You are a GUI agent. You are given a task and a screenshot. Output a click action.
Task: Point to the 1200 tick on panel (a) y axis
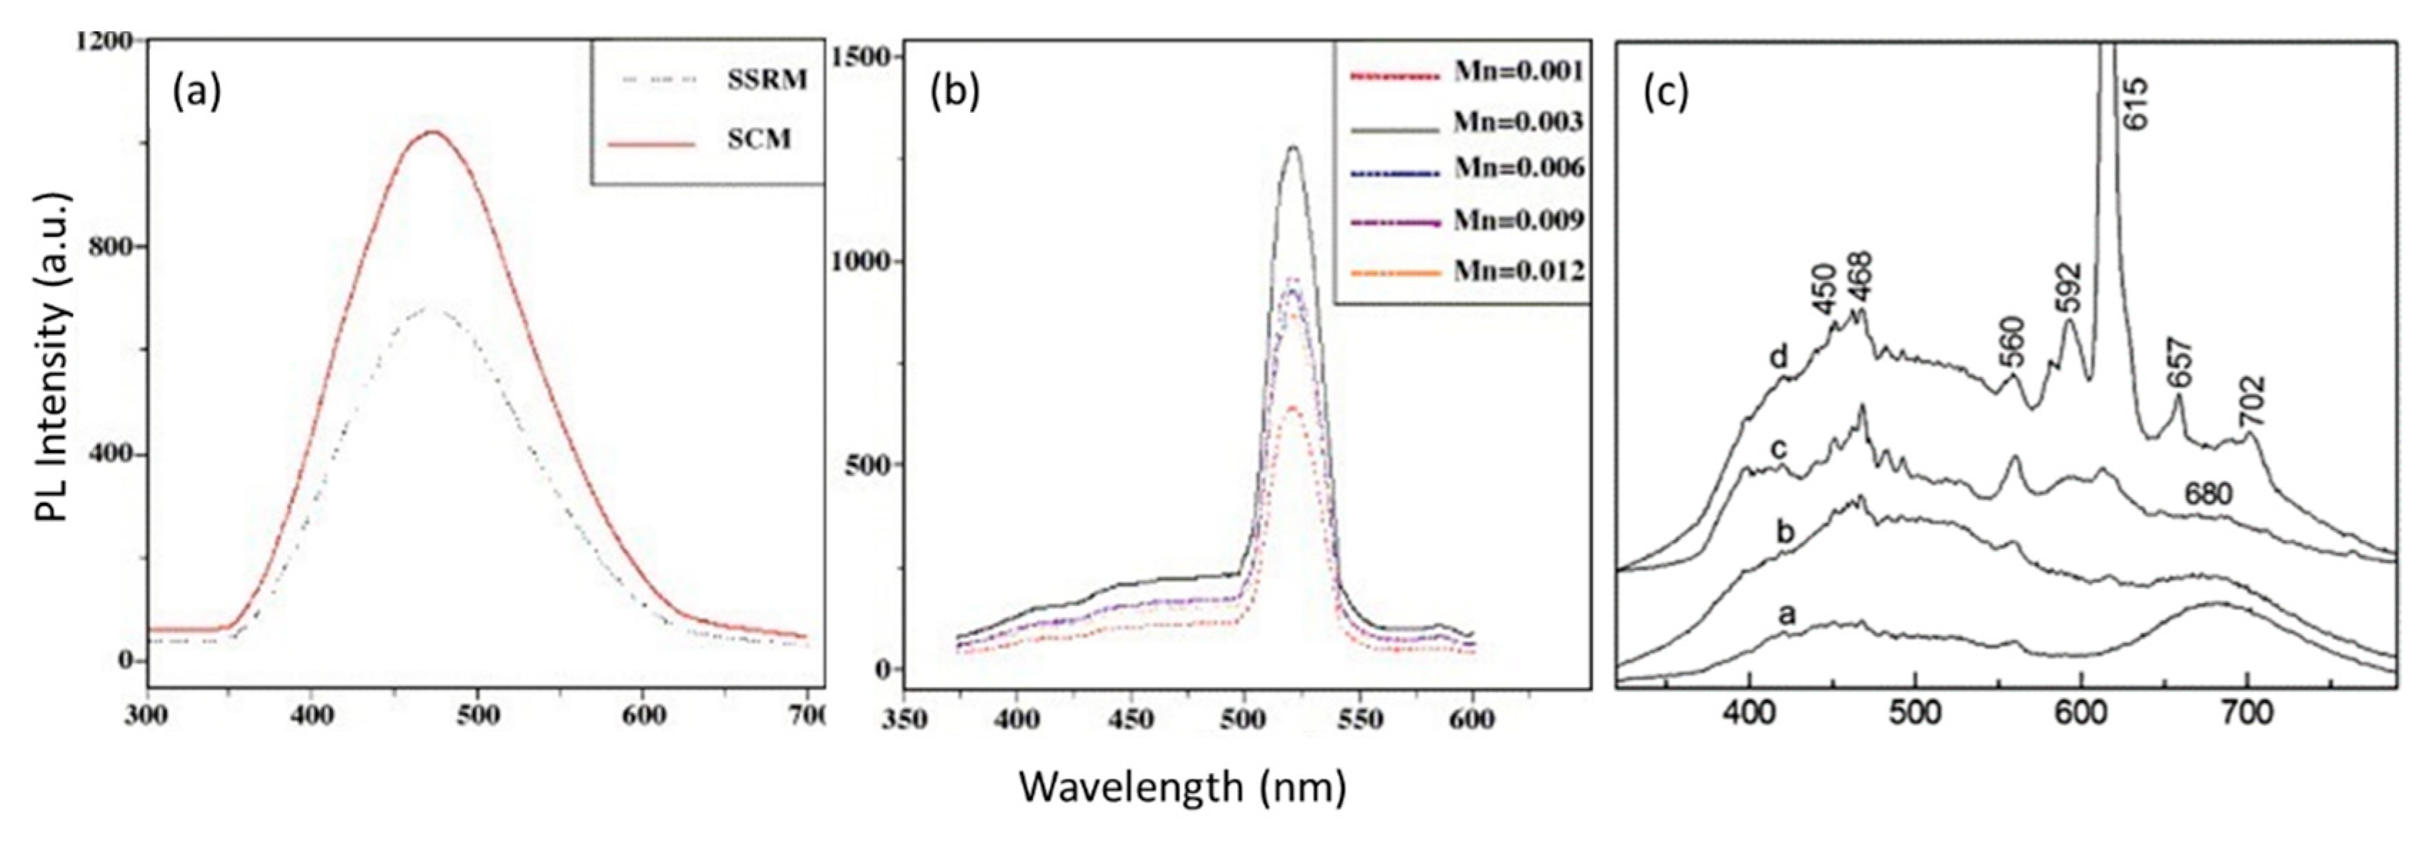(x=105, y=41)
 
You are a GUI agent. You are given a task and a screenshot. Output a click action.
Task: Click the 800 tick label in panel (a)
(x=112, y=247)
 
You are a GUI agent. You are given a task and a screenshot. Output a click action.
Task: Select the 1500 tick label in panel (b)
(x=859, y=56)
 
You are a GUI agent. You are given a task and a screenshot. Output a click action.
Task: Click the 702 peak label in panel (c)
(x=2250, y=402)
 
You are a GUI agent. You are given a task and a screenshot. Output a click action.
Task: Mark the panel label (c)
(x=1666, y=91)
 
